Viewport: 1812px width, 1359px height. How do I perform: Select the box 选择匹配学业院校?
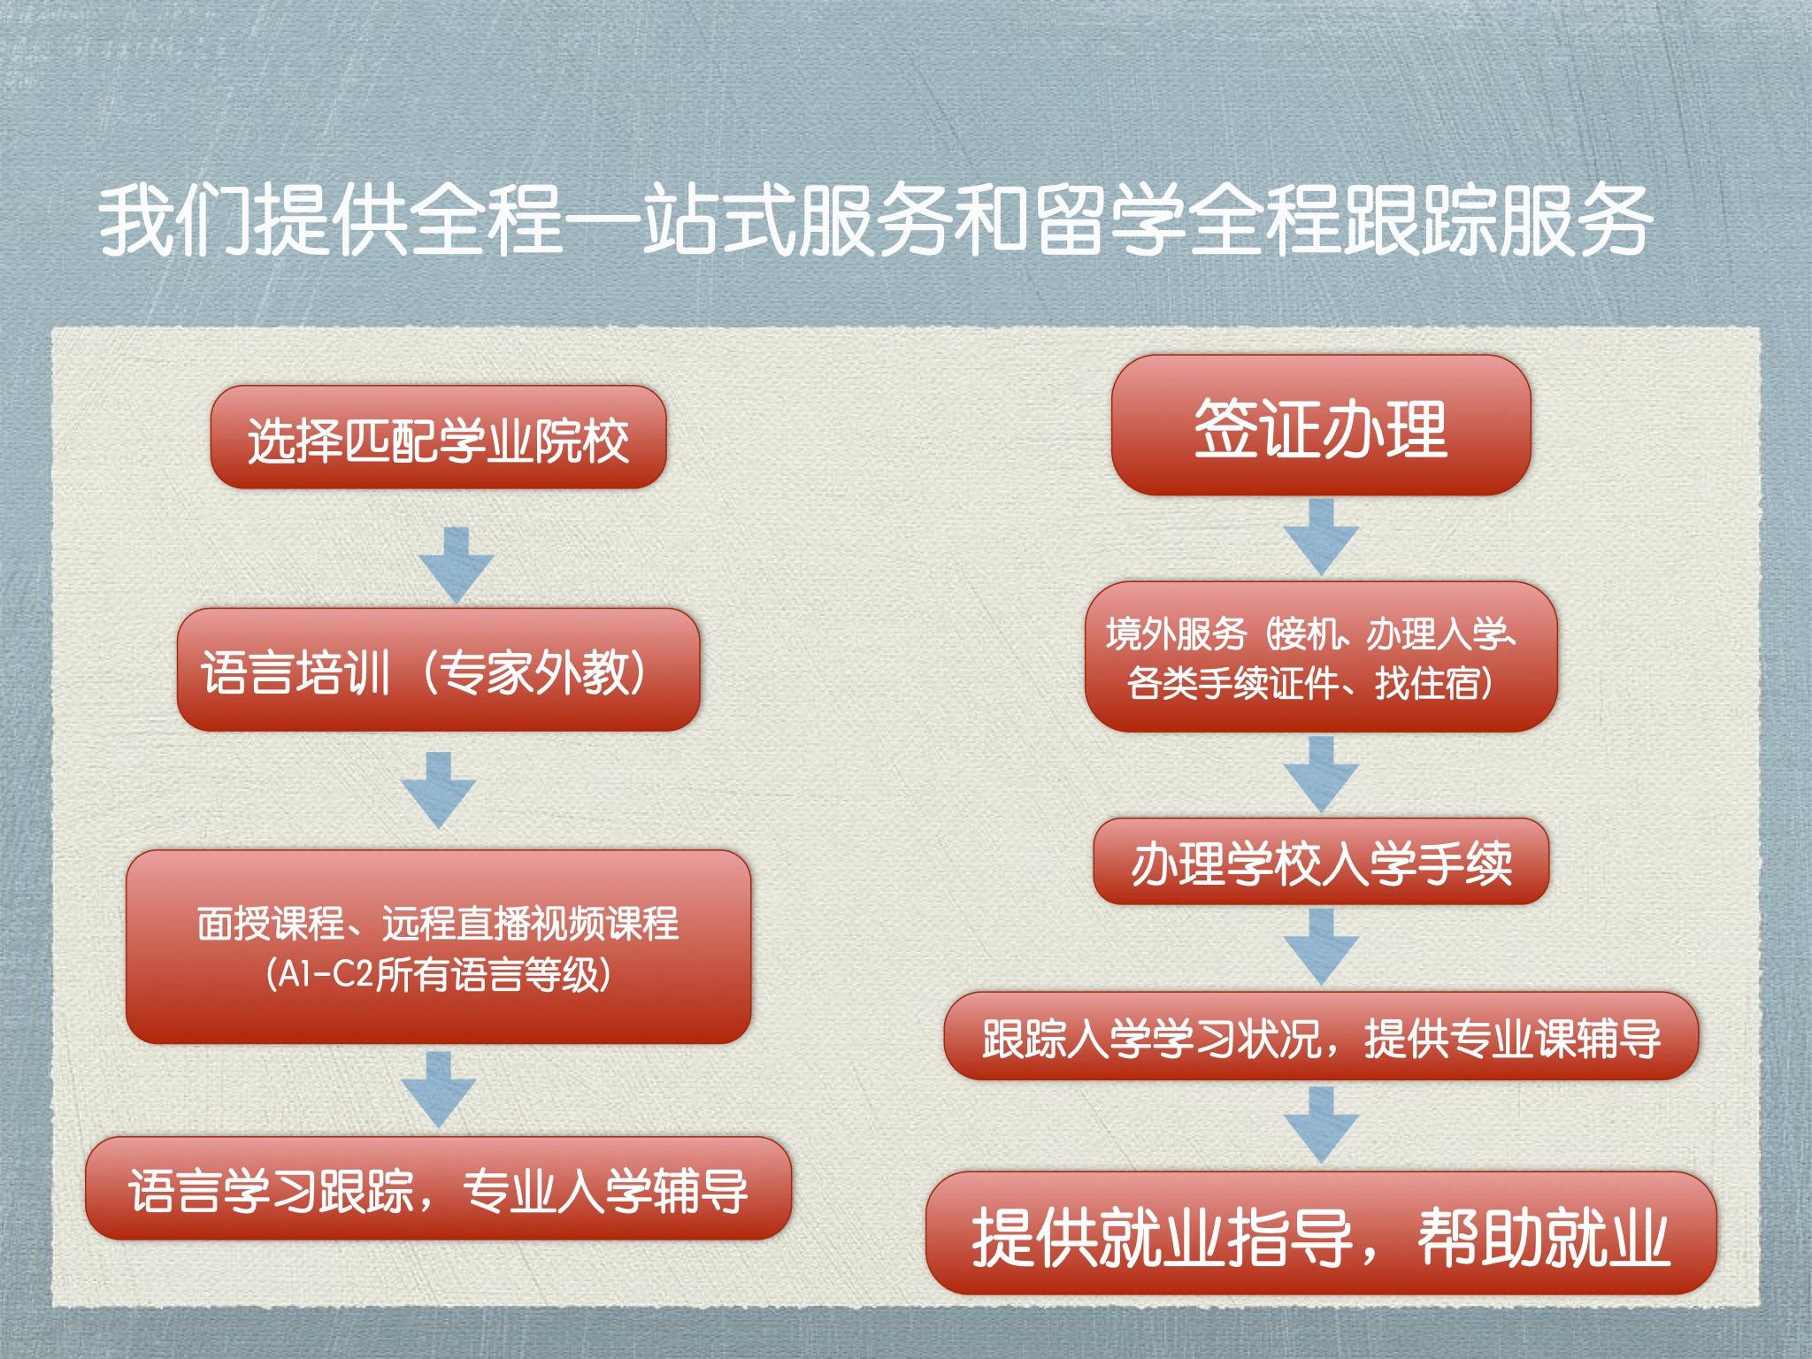pos(438,437)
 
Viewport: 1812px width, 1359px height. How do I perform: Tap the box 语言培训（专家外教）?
pos(438,670)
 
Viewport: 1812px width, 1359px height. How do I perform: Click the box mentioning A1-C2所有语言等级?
pos(438,947)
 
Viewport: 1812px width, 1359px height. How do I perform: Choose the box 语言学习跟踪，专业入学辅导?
pos(438,1188)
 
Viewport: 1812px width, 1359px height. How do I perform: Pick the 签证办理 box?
pos(1321,425)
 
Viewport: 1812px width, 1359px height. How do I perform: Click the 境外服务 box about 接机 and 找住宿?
pos(1321,656)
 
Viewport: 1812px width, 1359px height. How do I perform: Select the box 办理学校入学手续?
pos(1321,862)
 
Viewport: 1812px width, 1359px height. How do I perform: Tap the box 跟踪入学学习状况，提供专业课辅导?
pos(1321,1036)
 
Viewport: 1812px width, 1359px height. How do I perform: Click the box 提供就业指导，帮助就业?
pos(1321,1233)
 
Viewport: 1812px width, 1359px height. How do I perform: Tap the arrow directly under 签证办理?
pos(1321,537)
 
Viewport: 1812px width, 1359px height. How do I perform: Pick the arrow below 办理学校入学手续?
pos(1321,948)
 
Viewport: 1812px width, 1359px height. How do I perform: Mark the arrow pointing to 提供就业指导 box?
pos(1321,1125)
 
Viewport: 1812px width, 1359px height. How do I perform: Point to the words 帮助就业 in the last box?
pos(1543,1237)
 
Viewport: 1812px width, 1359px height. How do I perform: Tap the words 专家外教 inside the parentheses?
pos(534,672)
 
